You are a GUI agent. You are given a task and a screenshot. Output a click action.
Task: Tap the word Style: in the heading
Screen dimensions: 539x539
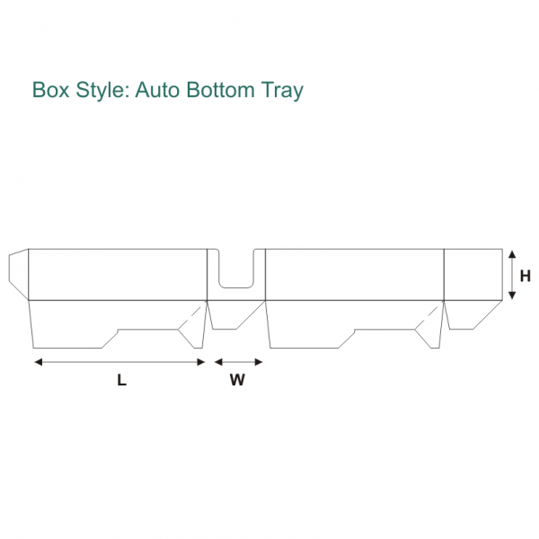tap(103, 91)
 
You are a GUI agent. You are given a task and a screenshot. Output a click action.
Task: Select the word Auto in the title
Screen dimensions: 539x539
tap(160, 91)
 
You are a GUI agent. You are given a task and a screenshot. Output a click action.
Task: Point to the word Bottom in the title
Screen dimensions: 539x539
tap(224, 91)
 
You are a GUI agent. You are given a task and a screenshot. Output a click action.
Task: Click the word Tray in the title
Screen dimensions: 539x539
tap(283, 91)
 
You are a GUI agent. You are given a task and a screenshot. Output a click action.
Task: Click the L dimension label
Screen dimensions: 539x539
tap(121, 380)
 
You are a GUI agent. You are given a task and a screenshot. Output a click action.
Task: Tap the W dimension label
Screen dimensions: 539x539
tap(237, 380)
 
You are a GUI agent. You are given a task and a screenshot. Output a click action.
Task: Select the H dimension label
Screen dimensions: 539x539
tap(526, 275)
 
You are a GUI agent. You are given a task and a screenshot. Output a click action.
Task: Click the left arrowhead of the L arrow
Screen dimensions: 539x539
tap(38, 362)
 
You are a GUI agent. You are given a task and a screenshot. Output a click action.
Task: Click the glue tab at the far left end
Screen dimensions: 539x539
tap(18, 273)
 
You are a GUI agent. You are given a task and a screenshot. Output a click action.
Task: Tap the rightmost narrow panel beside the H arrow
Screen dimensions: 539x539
tap(473, 274)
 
